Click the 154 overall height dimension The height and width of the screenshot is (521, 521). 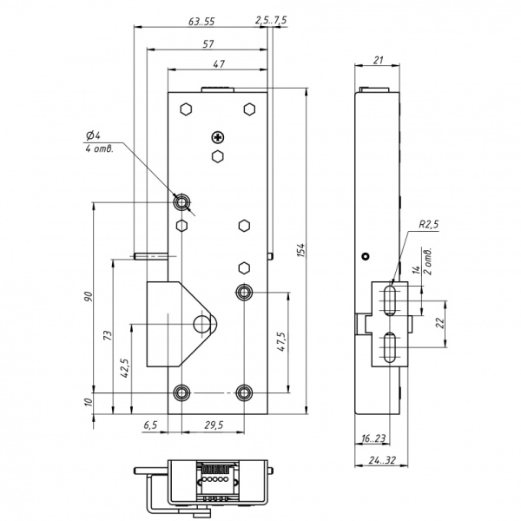[x=300, y=250]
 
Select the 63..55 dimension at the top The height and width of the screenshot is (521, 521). [x=201, y=22]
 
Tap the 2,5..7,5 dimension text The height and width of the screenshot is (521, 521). [x=271, y=20]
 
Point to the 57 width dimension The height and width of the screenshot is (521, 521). [x=208, y=44]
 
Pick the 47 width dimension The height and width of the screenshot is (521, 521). [x=219, y=63]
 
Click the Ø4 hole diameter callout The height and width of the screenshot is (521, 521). [x=93, y=135]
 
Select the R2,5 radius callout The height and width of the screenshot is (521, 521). [x=429, y=224]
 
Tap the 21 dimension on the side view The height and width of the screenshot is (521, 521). [x=378, y=60]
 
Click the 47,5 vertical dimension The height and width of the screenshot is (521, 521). [x=281, y=341]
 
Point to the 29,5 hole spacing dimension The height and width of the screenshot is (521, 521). [x=214, y=425]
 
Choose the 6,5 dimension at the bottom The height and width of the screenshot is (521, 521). [x=150, y=425]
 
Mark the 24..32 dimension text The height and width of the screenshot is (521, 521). [x=382, y=460]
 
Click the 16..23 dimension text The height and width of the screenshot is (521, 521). [x=373, y=439]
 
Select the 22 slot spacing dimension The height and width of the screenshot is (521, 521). [x=440, y=323]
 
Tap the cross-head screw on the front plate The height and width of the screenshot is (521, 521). [x=218, y=137]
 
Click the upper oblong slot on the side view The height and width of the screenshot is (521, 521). [x=390, y=300]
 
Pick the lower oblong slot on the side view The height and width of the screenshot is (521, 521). [x=390, y=347]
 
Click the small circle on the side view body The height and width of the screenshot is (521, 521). [x=366, y=256]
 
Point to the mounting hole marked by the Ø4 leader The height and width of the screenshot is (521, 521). [x=181, y=201]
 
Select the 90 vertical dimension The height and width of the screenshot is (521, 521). [x=88, y=296]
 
